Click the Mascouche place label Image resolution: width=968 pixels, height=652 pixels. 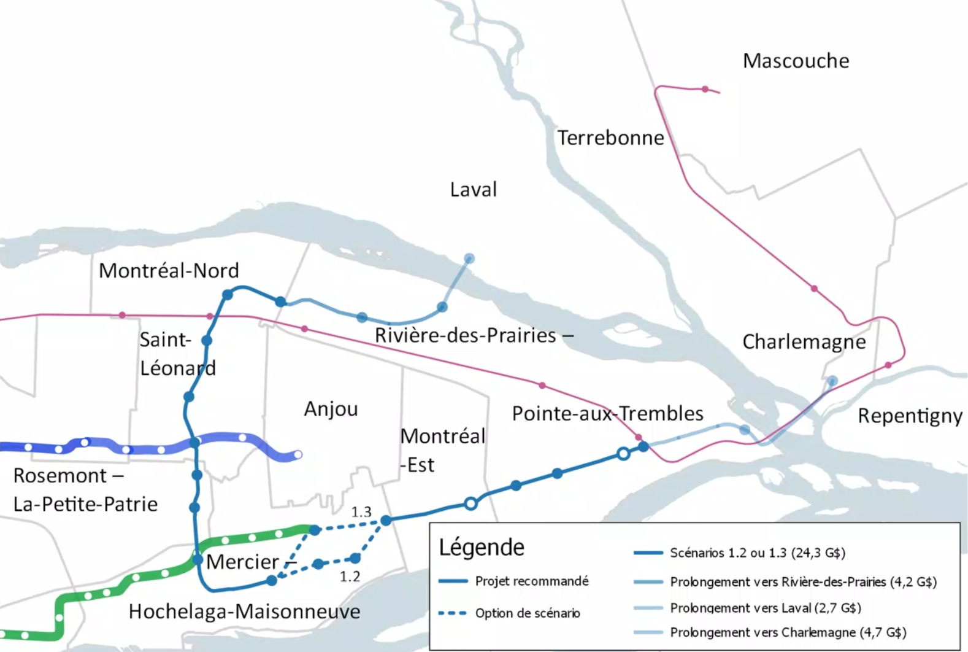click(x=796, y=61)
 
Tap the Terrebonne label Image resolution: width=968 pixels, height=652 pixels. click(x=610, y=138)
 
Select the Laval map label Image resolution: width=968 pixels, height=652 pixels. click(x=473, y=189)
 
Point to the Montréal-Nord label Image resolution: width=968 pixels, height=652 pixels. click(x=169, y=271)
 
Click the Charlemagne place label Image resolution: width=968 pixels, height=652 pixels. click(x=804, y=342)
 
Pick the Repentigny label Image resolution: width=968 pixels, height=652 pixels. click(x=910, y=416)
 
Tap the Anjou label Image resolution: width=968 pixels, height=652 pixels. click(x=331, y=409)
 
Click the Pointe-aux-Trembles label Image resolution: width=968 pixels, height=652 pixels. click(x=607, y=413)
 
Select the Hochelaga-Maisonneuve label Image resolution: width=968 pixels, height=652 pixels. click(x=244, y=611)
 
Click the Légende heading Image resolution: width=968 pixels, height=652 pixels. click(x=482, y=547)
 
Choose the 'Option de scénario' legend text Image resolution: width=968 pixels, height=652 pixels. click(x=527, y=613)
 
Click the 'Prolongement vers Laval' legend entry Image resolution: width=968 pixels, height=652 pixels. click(x=765, y=608)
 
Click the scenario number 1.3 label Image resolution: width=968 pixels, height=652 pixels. click(x=361, y=511)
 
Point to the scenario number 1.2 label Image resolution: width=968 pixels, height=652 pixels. click(x=350, y=576)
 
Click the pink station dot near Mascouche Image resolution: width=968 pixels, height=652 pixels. click(x=705, y=90)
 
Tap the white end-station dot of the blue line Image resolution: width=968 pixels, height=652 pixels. click(x=298, y=455)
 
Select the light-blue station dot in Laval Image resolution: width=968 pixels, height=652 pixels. click(x=469, y=258)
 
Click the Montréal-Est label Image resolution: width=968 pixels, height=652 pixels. click(x=442, y=450)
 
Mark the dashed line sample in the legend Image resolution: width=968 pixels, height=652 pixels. click(x=453, y=613)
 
